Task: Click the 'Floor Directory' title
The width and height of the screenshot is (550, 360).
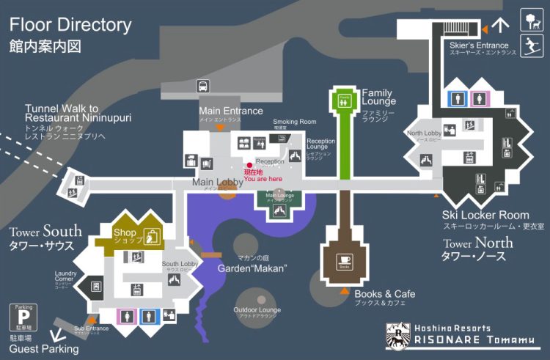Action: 70,24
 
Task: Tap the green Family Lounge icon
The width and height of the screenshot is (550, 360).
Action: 343,100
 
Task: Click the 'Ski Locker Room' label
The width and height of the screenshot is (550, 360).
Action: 485,216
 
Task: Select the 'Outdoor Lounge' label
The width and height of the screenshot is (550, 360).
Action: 257,310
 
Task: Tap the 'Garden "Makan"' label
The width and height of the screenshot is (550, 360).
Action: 252,268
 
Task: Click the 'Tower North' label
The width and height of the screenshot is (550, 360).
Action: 477,243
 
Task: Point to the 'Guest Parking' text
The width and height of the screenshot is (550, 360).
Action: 44,349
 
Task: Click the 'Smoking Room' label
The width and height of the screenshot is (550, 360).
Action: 295,122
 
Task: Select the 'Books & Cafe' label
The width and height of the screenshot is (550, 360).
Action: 385,294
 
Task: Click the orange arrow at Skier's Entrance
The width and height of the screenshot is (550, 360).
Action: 484,28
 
